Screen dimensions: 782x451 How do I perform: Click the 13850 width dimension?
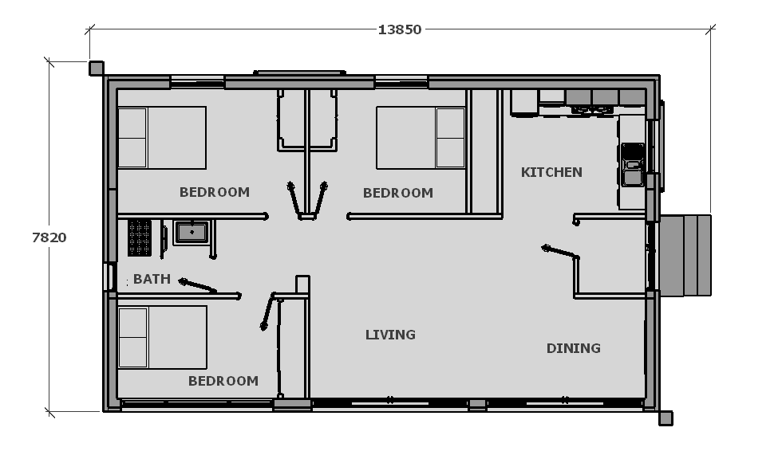[x=400, y=29]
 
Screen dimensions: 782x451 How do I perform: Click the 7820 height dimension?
[x=49, y=237]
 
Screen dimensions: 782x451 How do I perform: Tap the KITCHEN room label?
[x=551, y=172]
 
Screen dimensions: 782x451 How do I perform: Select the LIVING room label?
[x=390, y=335]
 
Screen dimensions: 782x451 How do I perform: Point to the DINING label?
[x=574, y=348]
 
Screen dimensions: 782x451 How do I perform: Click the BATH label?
[x=152, y=279]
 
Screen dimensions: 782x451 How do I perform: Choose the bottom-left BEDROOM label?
[x=223, y=381]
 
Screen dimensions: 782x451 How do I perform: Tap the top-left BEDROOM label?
[x=215, y=192]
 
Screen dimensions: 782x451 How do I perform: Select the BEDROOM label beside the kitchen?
[x=398, y=193]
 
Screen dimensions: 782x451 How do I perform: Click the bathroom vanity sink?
[x=192, y=233]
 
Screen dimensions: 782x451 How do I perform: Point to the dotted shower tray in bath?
[x=140, y=237]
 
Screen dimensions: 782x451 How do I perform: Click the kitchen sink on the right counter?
[x=633, y=165]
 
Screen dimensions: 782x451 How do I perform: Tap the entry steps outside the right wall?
[x=685, y=255]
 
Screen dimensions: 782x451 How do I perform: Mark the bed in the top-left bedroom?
[x=162, y=138]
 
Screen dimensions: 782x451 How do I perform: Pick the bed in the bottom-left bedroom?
[x=163, y=338]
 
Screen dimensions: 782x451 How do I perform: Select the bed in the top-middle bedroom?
[x=421, y=138]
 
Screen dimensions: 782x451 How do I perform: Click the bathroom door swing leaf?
[x=198, y=286]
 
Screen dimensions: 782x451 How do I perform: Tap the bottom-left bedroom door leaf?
[x=267, y=312]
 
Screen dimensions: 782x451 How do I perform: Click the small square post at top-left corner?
[x=97, y=69]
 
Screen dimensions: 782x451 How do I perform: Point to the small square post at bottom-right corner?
[x=665, y=418]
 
